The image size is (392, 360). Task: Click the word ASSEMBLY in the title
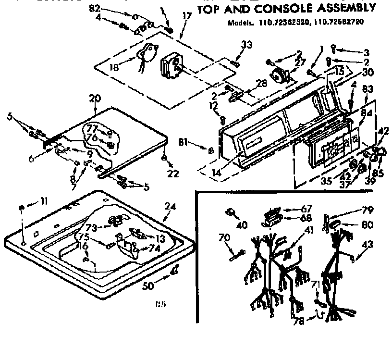coord(344,8)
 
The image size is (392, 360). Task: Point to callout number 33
coord(246,45)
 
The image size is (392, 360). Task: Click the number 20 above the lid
coord(94,98)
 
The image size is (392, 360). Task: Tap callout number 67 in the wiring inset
coord(306,209)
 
